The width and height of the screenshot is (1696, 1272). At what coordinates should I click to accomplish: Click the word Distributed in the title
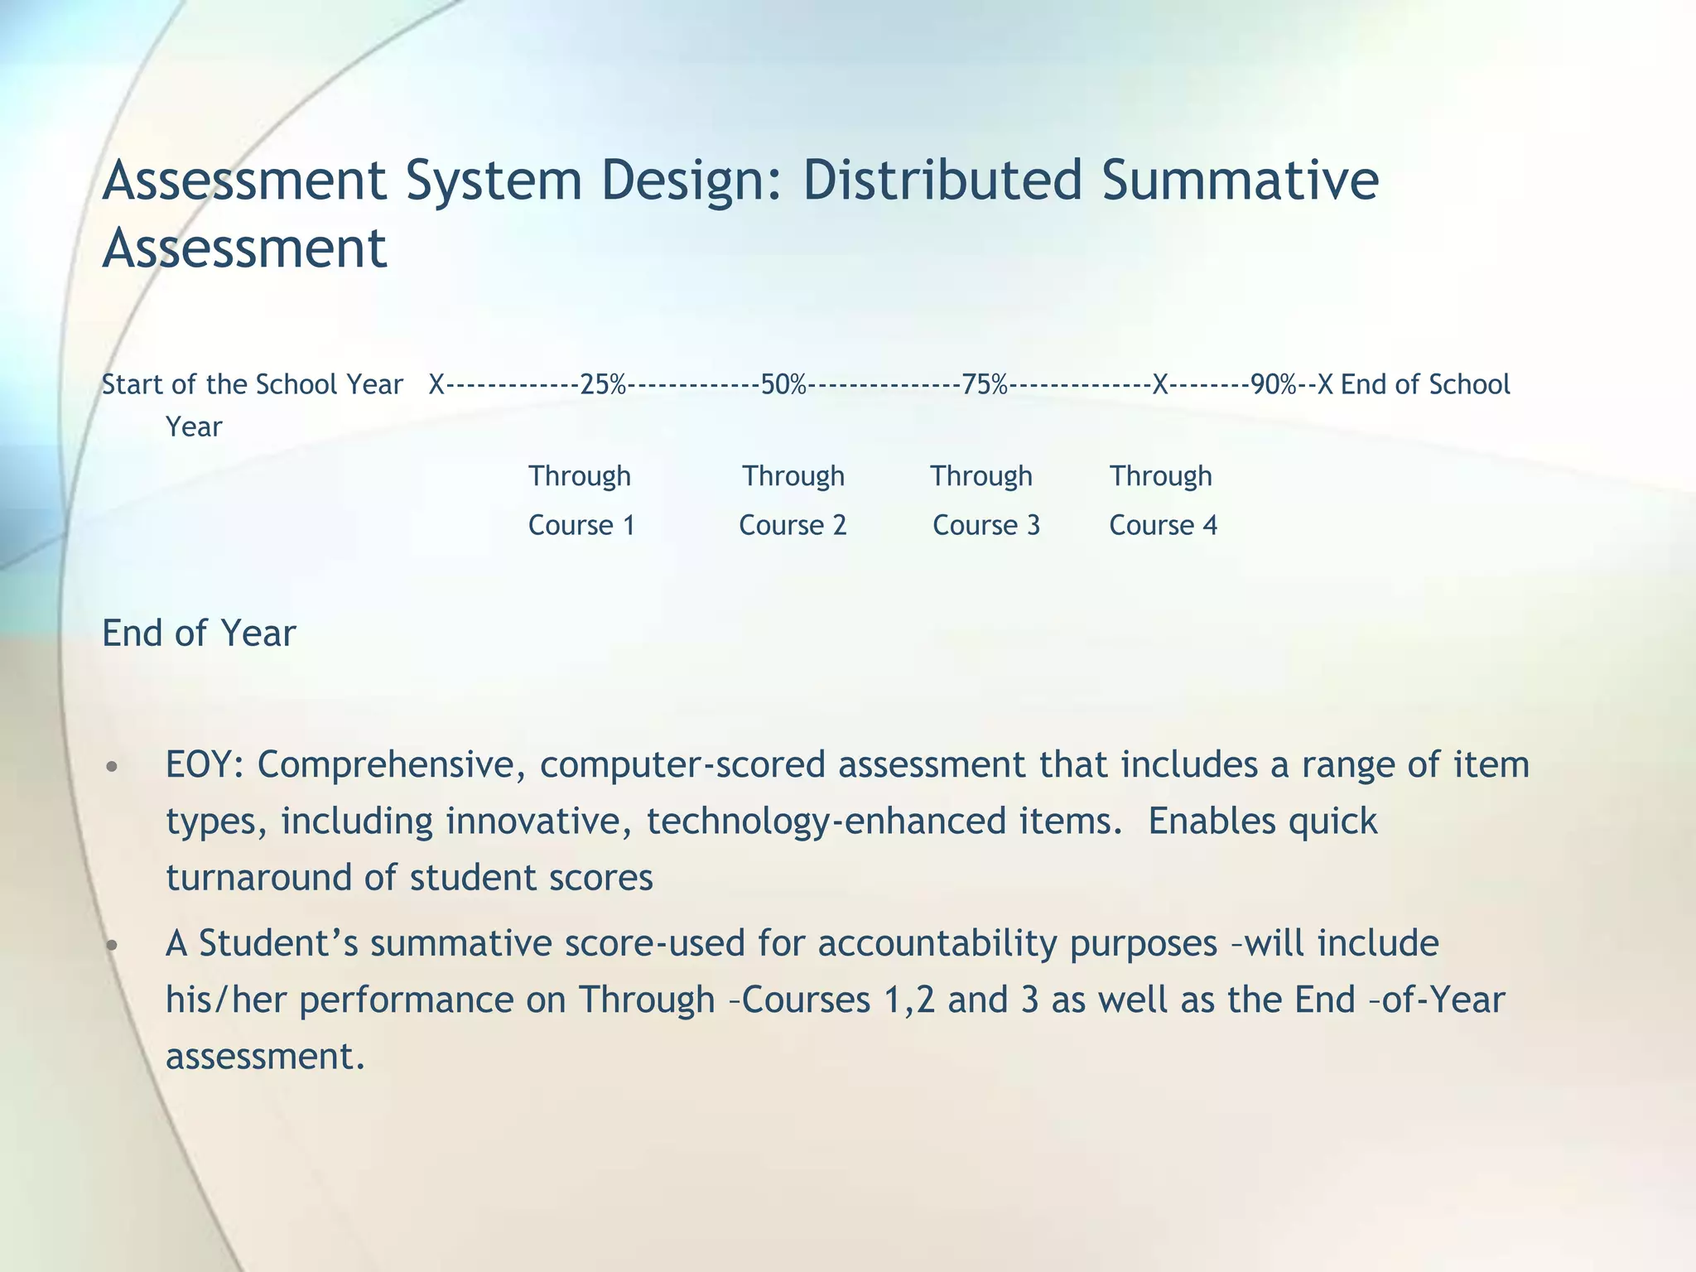click(942, 181)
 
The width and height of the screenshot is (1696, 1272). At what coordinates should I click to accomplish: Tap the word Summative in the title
click(1240, 181)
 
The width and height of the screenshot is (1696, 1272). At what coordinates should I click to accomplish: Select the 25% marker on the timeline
click(603, 385)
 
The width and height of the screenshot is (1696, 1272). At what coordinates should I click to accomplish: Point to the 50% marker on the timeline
click(783, 385)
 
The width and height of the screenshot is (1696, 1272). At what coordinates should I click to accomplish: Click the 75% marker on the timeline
click(985, 385)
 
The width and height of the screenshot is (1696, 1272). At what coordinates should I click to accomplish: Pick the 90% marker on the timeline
click(1274, 385)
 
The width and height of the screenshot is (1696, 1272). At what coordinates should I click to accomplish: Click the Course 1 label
click(581, 525)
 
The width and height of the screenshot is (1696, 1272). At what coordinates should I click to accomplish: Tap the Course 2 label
click(793, 525)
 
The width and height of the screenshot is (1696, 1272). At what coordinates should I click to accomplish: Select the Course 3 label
click(986, 525)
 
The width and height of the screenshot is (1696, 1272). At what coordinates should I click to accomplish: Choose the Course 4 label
click(1163, 525)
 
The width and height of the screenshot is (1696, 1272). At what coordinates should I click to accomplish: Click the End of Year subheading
click(199, 634)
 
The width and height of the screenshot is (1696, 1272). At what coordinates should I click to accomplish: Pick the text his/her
click(226, 1000)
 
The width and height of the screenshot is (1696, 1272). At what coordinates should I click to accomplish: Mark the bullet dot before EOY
click(113, 766)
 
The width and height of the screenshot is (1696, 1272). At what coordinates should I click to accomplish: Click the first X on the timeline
click(436, 385)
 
